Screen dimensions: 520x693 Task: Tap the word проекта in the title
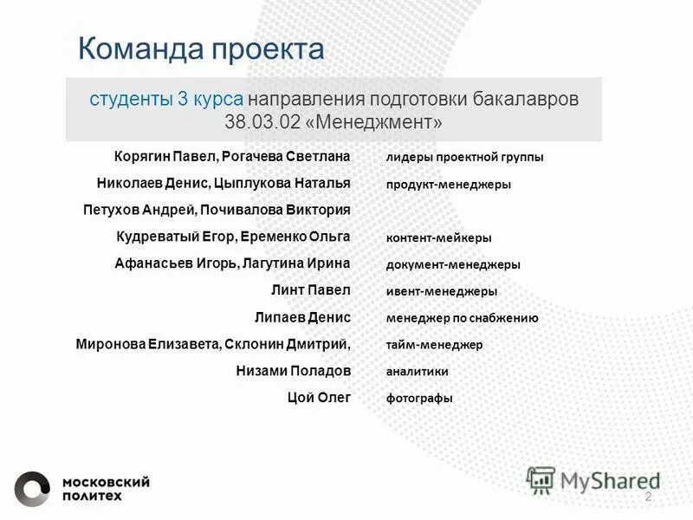tap(266, 49)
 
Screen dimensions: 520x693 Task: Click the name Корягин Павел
tap(164, 157)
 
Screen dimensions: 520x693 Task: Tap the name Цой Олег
tap(319, 398)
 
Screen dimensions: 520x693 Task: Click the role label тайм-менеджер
tap(434, 345)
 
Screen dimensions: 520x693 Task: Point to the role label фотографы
tap(419, 399)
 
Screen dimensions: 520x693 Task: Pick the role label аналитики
tap(417, 372)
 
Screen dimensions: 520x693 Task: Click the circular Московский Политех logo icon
tap(32, 488)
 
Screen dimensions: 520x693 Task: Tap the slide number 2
tap(648, 496)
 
